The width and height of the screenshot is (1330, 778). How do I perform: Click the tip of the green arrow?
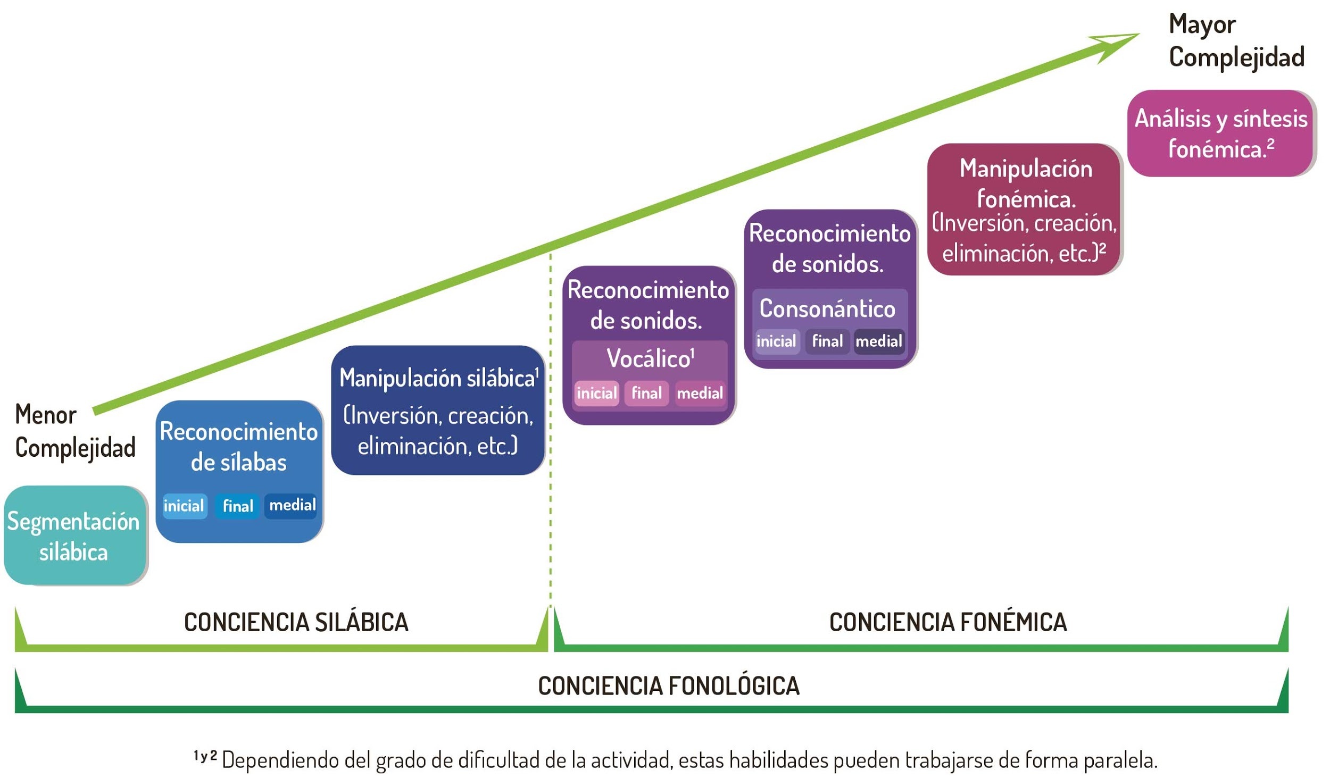click(1138, 34)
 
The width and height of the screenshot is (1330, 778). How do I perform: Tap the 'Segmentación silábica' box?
click(75, 535)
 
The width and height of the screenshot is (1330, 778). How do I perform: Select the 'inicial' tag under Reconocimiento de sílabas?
click(184, 505)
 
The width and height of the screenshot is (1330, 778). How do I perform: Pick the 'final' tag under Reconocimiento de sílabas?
click(237, 505)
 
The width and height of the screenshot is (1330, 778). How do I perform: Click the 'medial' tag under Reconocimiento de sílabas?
click(292, 505)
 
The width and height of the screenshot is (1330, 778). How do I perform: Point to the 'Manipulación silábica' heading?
click(439, 378)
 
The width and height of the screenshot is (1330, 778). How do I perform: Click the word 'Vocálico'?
click(650, 358)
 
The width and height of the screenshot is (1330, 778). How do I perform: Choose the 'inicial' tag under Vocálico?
click(596, 393)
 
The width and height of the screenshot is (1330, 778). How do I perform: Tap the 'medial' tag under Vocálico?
click(700, 393)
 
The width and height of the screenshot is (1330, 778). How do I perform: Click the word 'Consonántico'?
click(827, 308)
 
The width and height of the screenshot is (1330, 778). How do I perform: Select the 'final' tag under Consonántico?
click(827, 341)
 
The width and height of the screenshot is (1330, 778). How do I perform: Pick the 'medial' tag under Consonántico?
click(879, 341)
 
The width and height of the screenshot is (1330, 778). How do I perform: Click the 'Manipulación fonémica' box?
click(1025, 209)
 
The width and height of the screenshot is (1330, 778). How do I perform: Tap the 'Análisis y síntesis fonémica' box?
click(1221, 133)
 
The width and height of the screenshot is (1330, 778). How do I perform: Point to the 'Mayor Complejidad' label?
click(1236, 41)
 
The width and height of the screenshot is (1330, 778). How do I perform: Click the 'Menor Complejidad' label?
click(75, 431)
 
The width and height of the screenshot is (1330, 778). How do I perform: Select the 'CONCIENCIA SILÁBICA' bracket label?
click(296, 622)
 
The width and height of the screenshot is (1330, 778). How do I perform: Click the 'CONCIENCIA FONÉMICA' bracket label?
click(948, 622)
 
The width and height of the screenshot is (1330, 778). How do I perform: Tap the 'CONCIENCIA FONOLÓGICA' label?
click(669, 686)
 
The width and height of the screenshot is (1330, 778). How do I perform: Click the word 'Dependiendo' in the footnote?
click(281, 760)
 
